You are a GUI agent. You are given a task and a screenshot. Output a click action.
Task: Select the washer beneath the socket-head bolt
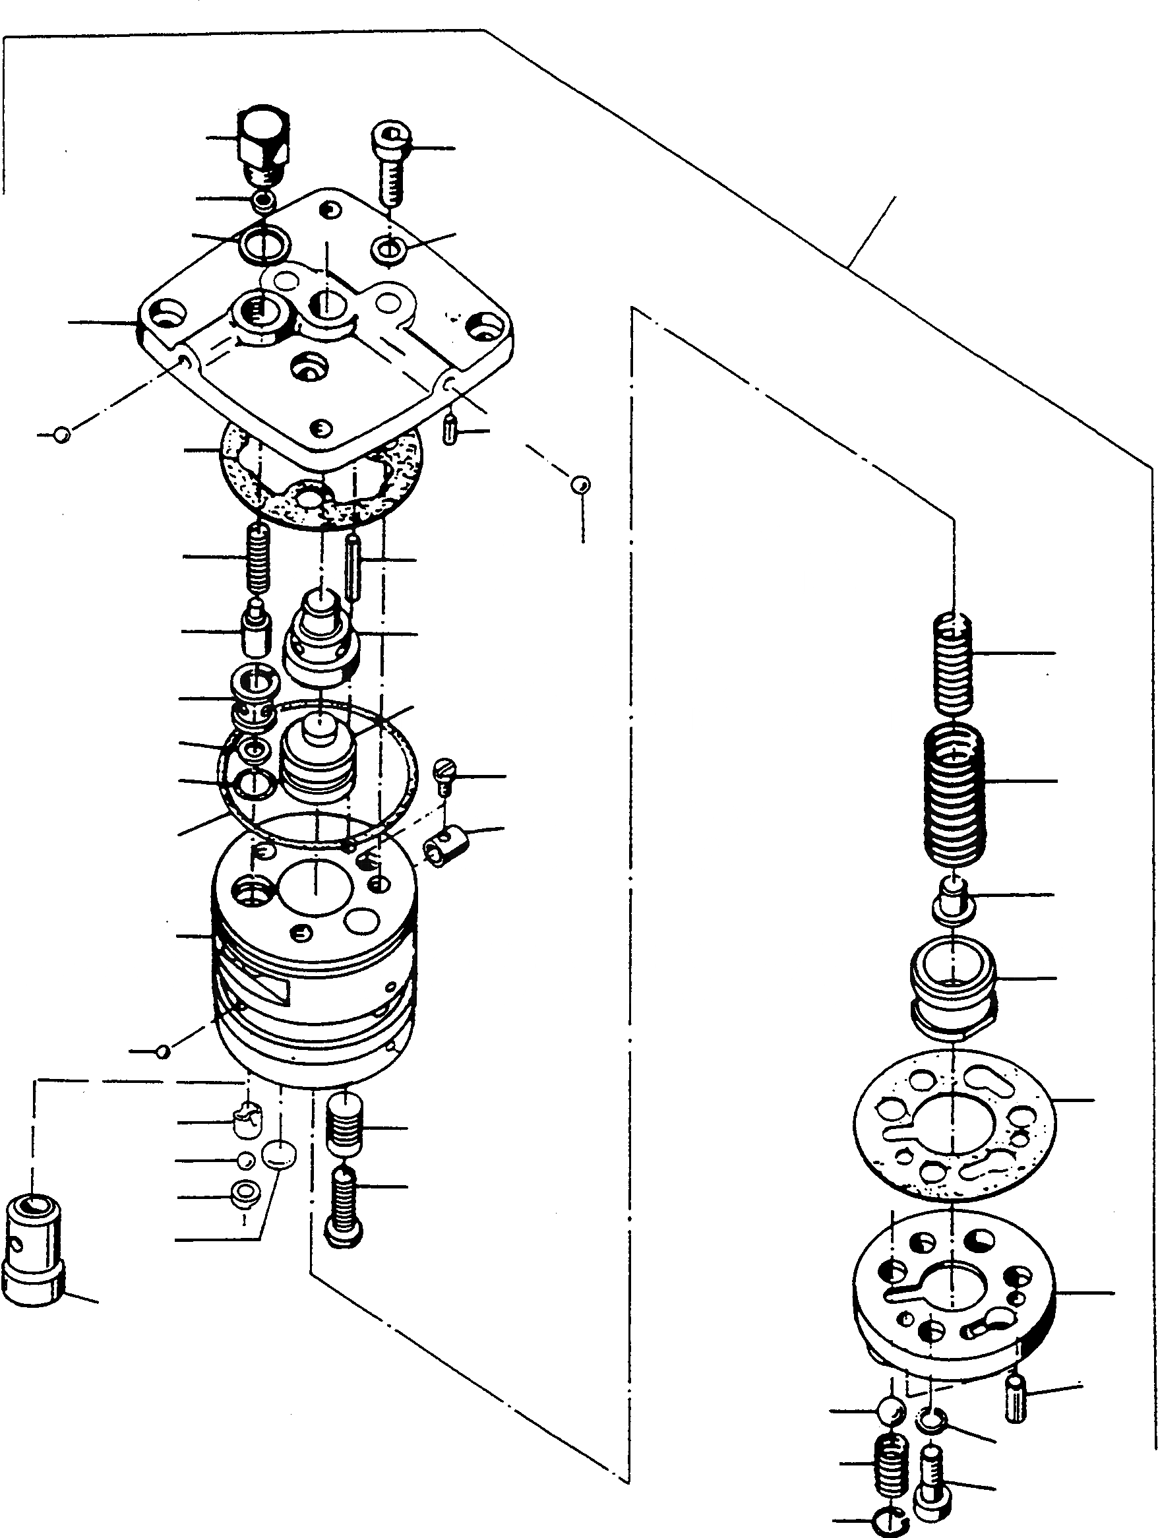(x=389, y=247)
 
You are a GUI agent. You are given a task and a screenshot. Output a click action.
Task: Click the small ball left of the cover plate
(x=62, y=435)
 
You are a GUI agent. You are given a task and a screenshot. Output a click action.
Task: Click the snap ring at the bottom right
(x=886, y=1526)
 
